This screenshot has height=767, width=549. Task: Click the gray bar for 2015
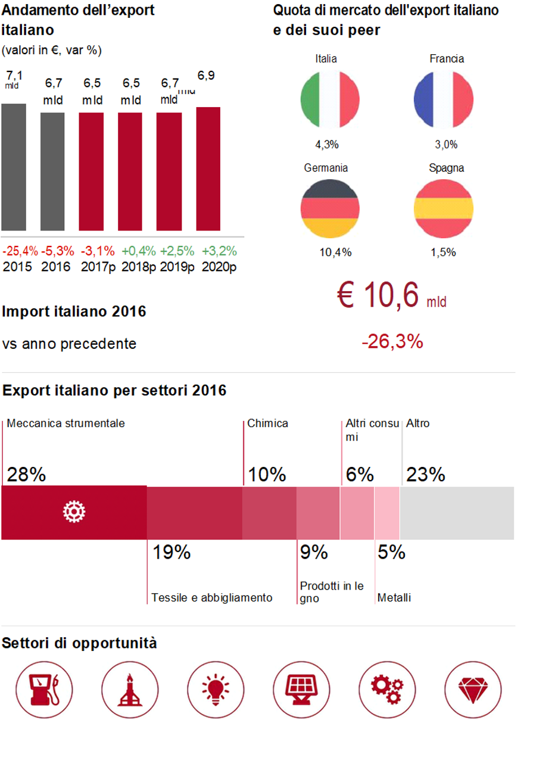click(x=13, y=167)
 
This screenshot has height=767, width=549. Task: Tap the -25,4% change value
click(x=20, y=251)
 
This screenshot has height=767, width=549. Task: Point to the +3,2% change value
click(x=219, y=251)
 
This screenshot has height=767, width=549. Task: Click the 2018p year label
click(x=138, y=267)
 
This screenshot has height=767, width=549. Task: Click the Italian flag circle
click(x=330, y=99)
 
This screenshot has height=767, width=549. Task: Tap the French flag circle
click(x=443, y=99)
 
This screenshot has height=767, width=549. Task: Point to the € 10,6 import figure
click(x=378, y=295)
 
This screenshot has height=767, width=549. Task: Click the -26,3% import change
click(x=392, y=342)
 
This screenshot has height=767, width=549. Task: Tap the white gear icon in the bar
click(x=74, y=512)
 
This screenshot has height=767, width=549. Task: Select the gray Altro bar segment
click(x=457, y=513)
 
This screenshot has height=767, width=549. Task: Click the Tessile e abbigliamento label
click(x=212, y=598)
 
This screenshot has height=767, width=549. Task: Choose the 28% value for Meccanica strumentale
click(x=26, y=475)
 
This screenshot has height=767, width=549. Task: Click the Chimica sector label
click(x=267, y=423)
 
